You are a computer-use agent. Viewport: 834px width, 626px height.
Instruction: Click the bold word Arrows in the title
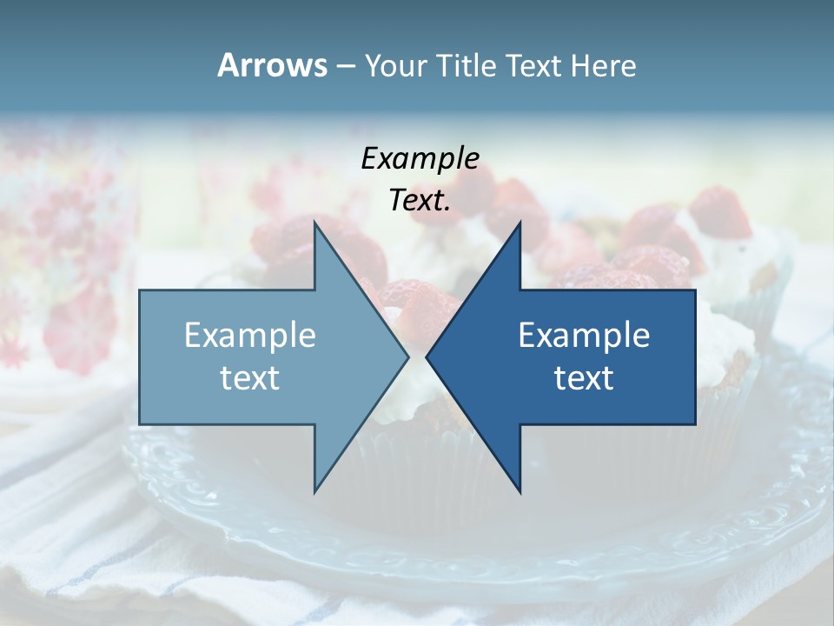272,65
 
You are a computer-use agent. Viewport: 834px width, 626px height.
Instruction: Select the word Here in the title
603,66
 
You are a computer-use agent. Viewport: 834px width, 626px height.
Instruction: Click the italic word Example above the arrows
420,158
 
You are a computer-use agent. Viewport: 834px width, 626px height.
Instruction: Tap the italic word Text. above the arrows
420,200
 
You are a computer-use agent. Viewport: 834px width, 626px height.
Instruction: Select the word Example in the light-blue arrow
250,335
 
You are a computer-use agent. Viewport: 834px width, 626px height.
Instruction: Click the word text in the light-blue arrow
250,377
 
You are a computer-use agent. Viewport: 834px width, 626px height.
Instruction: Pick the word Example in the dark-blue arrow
584,335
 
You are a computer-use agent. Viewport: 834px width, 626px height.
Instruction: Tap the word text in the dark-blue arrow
584,377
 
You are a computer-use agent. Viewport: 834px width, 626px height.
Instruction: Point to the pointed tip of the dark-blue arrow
427,356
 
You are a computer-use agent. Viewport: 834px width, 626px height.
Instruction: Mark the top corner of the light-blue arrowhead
314,223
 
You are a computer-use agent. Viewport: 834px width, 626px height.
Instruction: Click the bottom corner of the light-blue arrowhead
314,491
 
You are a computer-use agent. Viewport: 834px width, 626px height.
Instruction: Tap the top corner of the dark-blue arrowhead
520,223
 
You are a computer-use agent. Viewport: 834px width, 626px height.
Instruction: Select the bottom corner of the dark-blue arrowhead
520,491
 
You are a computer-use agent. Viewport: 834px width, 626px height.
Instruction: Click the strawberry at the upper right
720,213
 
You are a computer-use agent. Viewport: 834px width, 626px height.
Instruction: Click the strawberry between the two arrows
417,300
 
